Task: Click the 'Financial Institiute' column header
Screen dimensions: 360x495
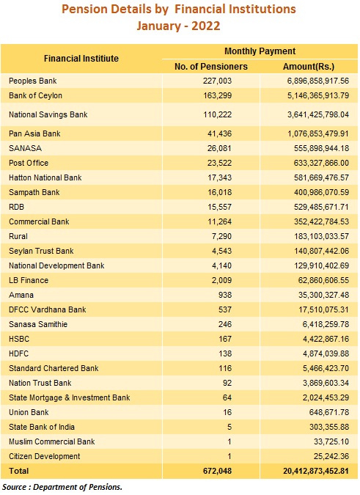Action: click(x=81, y=59)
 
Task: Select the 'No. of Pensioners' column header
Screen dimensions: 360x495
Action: click(x=211, y=67)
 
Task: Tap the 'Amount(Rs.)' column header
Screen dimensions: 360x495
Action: click(x=309, y=67)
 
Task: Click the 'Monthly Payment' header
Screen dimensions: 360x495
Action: click(x=260, y=51)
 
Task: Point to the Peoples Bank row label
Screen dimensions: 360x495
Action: click(x=33, y=81)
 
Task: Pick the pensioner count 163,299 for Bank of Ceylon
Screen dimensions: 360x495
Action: click(x=217, y=95)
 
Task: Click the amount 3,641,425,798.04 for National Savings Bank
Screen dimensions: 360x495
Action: click(x=318, y=114)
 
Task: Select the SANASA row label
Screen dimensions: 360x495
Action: click(x=25, y=148)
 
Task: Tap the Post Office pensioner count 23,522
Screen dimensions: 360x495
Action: click(x=220, y=164)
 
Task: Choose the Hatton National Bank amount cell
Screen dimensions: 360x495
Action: click(x=322, y=177)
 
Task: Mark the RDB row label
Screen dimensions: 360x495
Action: click(x=16, y=207)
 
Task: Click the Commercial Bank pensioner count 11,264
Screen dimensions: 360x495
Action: click(x=220, y=222)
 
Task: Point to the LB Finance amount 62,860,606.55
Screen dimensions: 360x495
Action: click(x=324, y=280)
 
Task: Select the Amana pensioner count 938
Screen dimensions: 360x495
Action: click(x=225, y=296)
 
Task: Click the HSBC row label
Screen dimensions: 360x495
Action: click(x=19, y=339)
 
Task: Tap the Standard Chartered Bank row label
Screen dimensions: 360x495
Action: click(x=54, y=368)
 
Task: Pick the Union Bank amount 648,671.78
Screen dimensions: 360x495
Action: click(x=329, y=412)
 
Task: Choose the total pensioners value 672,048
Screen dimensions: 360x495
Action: click(x=217, y=471)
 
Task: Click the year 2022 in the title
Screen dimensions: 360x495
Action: click(x=206, y=26)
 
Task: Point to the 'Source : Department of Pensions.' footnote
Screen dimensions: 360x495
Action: click(x=62, y=487)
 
